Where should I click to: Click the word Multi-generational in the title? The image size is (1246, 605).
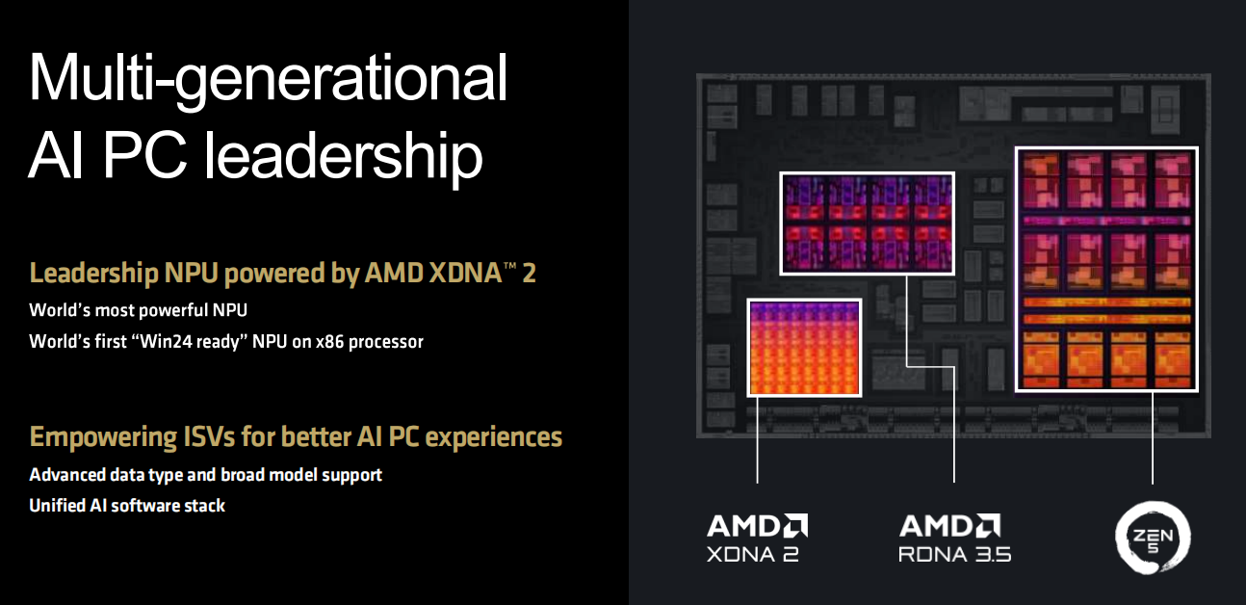pyautogui.click(x=268, y=79)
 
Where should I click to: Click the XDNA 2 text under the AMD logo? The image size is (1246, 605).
pyautogui.click(x=753, y=554)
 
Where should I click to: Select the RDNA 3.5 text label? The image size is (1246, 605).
pyautogui.click(x=954, y=554)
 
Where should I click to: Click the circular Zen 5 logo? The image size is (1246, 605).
pyautogui.click(x=1153, y=535)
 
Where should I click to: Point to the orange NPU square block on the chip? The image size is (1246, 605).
pyautogui.click(x=805, y=347)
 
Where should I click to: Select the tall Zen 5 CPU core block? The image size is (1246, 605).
pyautogui.click(x=1106, y=270)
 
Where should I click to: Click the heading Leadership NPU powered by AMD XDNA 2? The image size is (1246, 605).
pyautogui.click(x=282, y=274)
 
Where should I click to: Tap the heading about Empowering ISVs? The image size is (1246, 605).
pyautogui.click(x=296, y=437)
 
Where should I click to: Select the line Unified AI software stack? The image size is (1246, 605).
pyautogui.click(x=127, y=505)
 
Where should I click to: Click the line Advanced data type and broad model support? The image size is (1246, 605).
pyautogui.click(x=205, y=475)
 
